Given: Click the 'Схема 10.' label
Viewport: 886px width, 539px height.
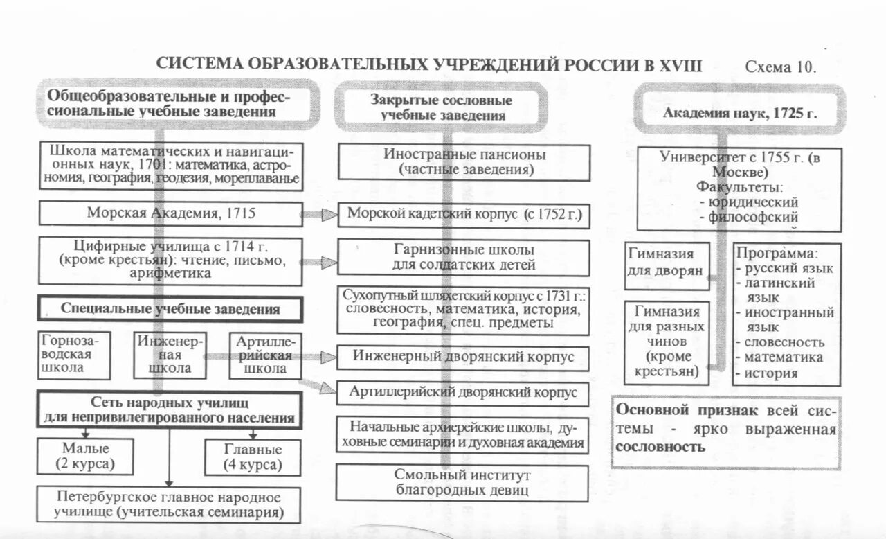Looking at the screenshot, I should (x=780, y=67).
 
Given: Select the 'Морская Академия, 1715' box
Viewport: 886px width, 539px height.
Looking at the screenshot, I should (x=170, y=213).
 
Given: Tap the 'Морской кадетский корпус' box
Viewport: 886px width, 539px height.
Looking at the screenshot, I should (x=464, y=214).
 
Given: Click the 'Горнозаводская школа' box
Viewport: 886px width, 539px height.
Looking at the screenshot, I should (x=74, y=355).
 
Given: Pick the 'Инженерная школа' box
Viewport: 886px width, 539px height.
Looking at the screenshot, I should (x=170, y=355).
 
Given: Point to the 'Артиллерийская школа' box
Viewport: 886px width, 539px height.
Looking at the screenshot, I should (x=265, y=355).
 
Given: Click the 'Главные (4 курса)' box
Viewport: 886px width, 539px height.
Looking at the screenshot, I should (x=252, y=457).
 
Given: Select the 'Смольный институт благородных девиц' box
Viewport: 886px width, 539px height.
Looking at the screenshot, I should (x=462, y=483).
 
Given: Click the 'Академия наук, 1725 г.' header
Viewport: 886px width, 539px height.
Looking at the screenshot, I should (x=740, y=114).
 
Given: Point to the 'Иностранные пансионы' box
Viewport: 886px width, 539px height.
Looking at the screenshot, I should (x=464, y=162).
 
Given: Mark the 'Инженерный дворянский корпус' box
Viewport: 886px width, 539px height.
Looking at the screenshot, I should (x=463, y=357).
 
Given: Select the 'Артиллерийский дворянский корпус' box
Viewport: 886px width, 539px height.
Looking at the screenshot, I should (x=463, y=393).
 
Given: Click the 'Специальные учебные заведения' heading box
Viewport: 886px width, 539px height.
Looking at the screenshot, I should (x=170, y=309).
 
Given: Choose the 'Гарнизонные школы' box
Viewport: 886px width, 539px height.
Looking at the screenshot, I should (x=464, y=258).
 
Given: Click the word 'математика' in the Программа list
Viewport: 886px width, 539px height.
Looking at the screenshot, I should (x=784, y=357).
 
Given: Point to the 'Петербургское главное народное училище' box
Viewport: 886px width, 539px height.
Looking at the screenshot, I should (x=170, y=505).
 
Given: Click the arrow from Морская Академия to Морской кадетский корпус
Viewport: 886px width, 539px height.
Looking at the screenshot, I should (x=320, y=215).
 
